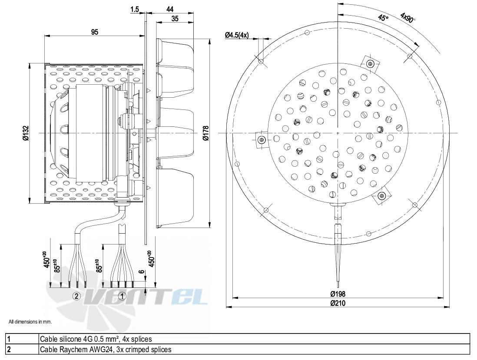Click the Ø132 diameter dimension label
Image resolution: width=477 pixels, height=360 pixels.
pyautogui.click(x=26, y=133)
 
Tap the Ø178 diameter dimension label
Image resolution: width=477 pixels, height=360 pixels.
pyautogui.click(x=206, y=133)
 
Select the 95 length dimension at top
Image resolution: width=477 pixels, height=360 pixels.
pyautogui.click(x=95, y=32)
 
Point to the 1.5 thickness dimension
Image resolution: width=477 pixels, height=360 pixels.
pyautogui.click(x=135, y=10)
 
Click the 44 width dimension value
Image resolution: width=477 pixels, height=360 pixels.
pyautogui.click(x=170, y=10)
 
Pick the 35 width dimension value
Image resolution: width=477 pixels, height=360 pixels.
pyautogui.click(x=175, y=19)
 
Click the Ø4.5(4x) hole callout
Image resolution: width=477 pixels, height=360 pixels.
pyautogui.click(x=237, y=35)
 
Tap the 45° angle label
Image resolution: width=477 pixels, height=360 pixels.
pyautogui.click(x=383, y=18)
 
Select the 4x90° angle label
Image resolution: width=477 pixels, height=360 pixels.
pyautogui.click(x=407, y=17)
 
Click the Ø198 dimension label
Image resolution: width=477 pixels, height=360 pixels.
pyautogui.click(x=338, y=294)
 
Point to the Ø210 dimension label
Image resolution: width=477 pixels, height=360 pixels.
pyautogui.click(x=338, y=303)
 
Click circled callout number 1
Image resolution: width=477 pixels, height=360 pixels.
pyautogui.click(x=122, y=296)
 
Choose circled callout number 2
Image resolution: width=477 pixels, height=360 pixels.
pyautogui.click(x=76, y=296)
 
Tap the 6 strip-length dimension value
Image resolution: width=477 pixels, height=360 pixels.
pyautogui.click(x=142, y=272)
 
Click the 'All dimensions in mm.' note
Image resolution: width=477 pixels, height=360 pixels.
pyautogui.click(x=30, y=322)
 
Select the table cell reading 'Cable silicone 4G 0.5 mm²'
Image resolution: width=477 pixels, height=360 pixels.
pyautogui.click(x=96, y=339)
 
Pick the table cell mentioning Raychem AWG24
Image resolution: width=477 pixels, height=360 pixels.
pyautogui.click(x=106, y=349)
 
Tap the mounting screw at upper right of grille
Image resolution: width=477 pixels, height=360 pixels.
pyautogui.click(x=370, y=63)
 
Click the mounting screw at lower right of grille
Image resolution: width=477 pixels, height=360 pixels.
pyautogui.click(x=381, y=196)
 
